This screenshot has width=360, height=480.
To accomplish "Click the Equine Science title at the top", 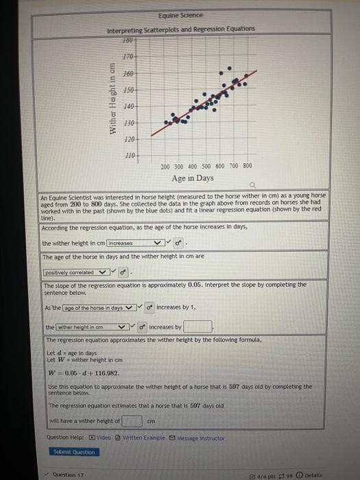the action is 180,15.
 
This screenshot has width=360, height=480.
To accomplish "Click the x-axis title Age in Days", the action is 193,178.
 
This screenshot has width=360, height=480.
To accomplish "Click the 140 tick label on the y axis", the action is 128,107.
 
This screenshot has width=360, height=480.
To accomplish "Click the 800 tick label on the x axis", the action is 248,166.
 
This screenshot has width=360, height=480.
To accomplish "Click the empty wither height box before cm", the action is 132,420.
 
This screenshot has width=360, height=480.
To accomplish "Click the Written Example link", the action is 141,437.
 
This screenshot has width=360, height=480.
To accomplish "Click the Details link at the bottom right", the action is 313,474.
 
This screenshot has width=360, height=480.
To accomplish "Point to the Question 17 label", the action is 67,473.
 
